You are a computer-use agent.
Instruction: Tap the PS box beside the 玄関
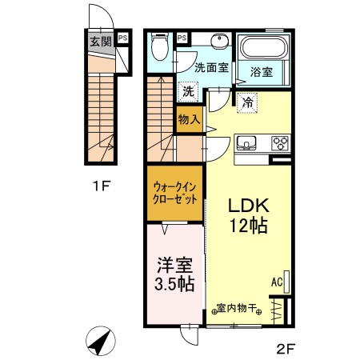click(x=122, y=37)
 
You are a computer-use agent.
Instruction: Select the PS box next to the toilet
click(x=182, y=37)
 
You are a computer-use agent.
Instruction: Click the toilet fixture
click(x=160, y=46)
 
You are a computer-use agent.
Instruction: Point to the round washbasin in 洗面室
click(x=218, y=42)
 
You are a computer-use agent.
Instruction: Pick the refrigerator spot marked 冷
click(x=248, y=102)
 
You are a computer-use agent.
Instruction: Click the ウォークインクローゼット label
click(x=174, y=193)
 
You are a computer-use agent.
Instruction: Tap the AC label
click(x=276, y=282)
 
